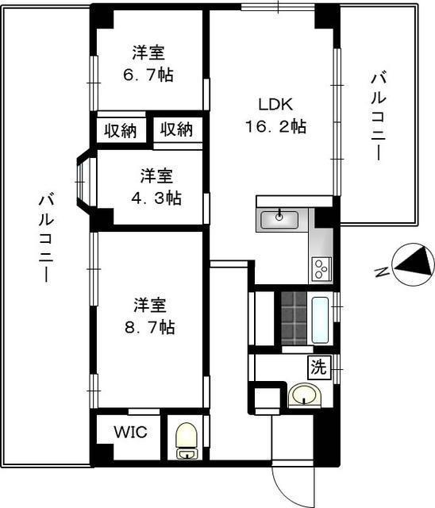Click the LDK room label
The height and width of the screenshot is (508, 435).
point(275,104)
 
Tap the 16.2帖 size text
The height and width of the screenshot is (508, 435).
point(275,126)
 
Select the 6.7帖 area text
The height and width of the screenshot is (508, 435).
point(148,75)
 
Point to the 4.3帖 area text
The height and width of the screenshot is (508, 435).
point(156,198)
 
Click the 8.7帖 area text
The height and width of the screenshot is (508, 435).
point(150,327)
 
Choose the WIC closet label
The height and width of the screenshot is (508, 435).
point(130,432)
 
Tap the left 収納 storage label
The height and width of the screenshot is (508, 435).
point(121,131)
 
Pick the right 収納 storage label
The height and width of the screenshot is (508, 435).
point(177,129)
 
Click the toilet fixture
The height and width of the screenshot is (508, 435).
point(187,441)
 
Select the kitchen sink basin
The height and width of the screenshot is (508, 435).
point(279,219)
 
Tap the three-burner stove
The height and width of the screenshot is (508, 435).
point(321,269)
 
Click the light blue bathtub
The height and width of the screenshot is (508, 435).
point(320,320)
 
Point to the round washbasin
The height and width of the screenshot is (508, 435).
point(304,395)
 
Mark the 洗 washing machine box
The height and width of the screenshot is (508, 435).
point(319,368)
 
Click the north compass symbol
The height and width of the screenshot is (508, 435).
point(414,264)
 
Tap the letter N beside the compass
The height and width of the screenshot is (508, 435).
point(382,272)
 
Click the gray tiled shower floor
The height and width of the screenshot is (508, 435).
point(294,318)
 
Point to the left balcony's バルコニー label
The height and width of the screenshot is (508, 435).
point(47,238)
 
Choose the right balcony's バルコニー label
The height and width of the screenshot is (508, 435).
point(379,117)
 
